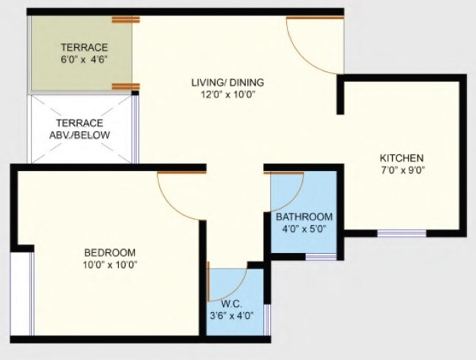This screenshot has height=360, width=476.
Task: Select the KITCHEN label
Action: point(401,158)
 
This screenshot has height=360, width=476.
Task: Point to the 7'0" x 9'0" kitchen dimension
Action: point(401,170)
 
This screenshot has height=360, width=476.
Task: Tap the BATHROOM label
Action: point(304,217)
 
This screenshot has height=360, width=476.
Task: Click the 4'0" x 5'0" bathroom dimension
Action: point(304,229)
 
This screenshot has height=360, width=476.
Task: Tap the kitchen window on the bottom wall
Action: point(401,234)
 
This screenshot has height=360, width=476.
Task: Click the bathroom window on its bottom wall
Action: point(321,257)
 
